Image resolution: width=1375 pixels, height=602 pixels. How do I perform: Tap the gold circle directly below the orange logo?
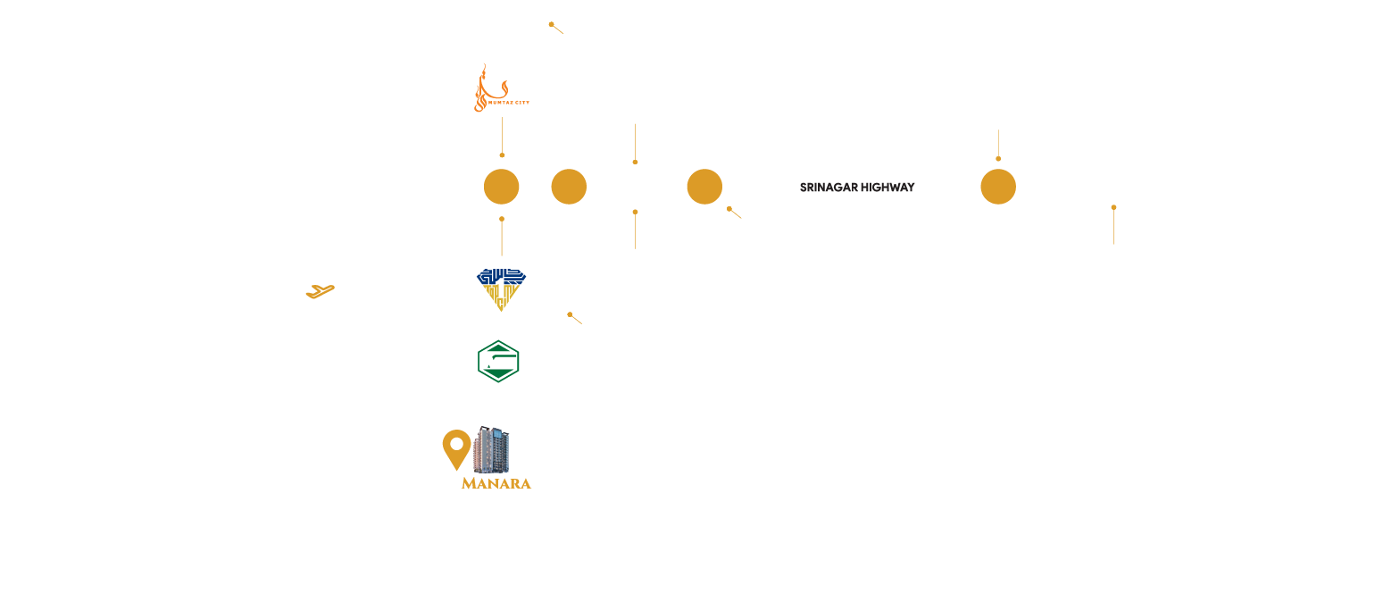tap(501, 187)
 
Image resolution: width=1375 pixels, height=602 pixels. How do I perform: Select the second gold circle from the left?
tap(569, 187)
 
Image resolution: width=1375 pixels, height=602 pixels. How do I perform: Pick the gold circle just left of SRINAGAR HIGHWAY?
tap(704, 187)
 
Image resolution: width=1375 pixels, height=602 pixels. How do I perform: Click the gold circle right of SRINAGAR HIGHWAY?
tap(998, 187)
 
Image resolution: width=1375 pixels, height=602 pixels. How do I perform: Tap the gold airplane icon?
tap(320, 291)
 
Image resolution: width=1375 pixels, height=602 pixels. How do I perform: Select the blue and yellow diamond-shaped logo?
tap(501, 289)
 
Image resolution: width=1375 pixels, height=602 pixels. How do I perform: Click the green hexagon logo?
tap(498, 362)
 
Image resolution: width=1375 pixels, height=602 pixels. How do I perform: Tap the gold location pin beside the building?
tap(456, 449)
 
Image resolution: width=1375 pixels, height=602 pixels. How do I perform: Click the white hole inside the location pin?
tap(456, 443)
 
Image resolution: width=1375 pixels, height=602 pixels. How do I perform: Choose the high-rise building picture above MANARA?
tap(492, 450)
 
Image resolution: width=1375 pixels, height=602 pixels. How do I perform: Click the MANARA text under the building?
tap(496, 483)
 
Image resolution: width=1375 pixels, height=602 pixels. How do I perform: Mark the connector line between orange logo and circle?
tap(502, 137)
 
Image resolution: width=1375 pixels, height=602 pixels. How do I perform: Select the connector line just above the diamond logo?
tap(502, 237)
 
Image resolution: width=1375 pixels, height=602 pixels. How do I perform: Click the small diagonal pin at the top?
tap(556, 28)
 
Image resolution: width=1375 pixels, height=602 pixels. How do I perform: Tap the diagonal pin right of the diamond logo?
tap(575, 318)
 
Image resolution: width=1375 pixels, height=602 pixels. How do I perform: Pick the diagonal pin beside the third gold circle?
tap(735, 213)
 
